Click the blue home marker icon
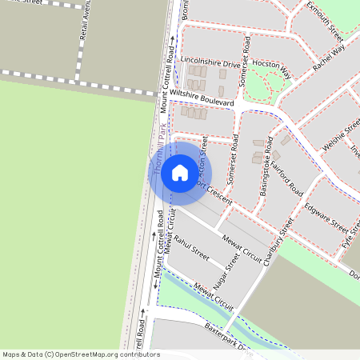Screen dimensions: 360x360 180,172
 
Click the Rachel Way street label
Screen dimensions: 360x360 329,58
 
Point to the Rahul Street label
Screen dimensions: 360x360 192,250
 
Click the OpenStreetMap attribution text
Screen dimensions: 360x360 81,354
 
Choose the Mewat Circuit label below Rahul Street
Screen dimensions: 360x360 213,296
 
